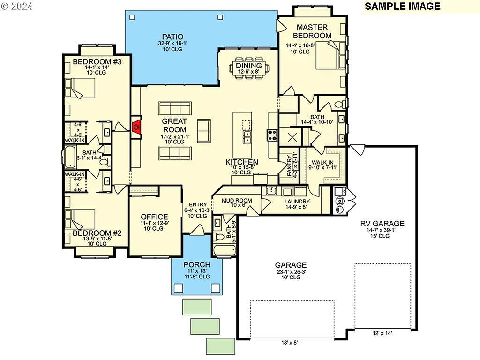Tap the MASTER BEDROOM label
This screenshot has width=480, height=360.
312,31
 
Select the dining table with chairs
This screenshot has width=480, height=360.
248,69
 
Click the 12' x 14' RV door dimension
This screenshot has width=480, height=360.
382,333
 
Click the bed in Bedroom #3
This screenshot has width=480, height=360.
81,88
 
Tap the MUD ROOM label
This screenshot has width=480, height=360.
237,201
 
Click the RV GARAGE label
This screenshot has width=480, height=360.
382,224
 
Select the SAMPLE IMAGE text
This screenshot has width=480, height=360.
402,6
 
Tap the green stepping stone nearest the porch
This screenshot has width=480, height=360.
196,307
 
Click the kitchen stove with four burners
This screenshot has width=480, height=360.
272,135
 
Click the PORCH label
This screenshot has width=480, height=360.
196,265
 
